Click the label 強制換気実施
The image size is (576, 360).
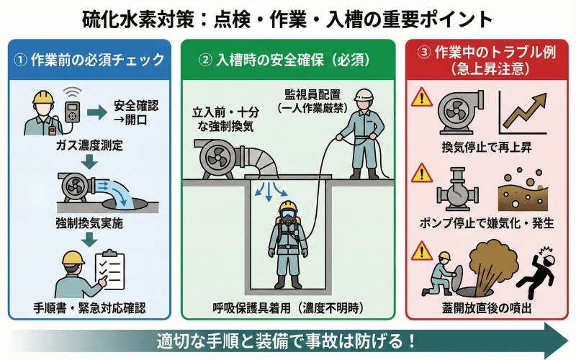89,224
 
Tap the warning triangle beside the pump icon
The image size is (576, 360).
421,176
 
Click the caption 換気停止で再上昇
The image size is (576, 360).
485,148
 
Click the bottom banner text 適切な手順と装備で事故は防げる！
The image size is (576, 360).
288,339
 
